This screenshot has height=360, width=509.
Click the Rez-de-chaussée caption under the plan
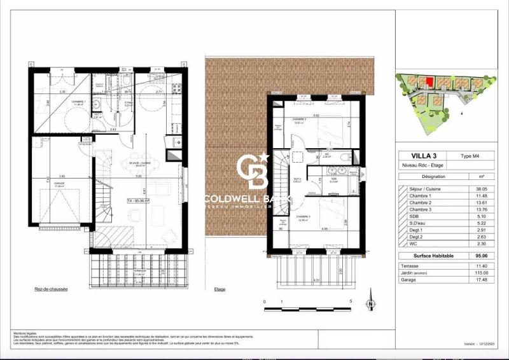tap(52, 288)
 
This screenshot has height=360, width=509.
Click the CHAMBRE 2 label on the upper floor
tap(300, 120)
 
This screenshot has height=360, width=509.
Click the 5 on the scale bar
tap(351, 301)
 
